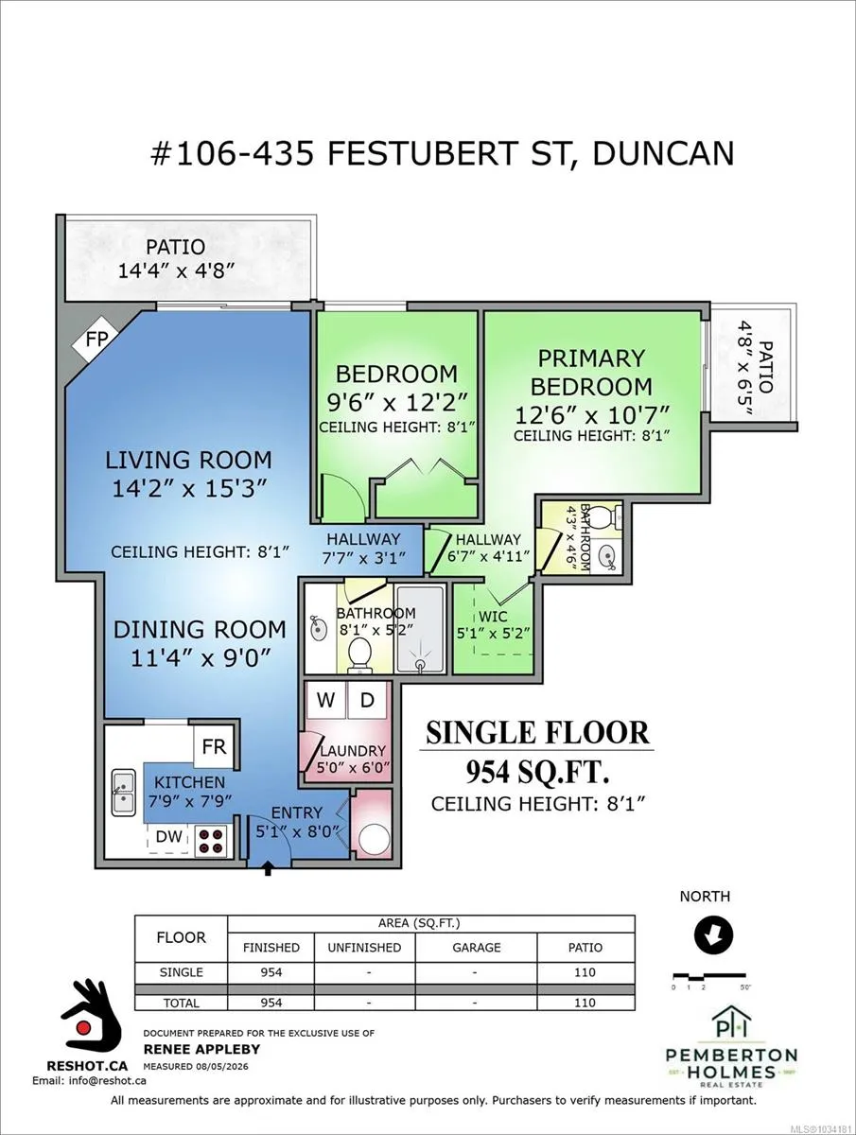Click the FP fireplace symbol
(96, 340)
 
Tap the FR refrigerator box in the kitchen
(214, 747)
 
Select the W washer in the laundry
(325, 700)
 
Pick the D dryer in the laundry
(367, 700)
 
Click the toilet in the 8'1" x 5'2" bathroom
(359, 655)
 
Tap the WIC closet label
(493, 617)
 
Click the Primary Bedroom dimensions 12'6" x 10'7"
(592, 414)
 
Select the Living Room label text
(188, 460)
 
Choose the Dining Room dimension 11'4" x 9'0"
(201, 658)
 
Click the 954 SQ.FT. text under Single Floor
(537, 773)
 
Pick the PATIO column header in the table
(585, 948)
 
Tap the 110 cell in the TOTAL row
(585, 1002)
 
